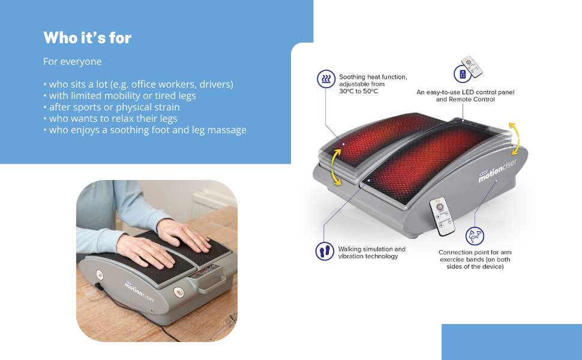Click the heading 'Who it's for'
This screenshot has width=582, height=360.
tap(88, 38)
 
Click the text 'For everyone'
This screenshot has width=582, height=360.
tap(73, 62)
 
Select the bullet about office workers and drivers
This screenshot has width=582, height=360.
tap(138, 84)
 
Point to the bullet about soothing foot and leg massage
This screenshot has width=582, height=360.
tap(145, 130)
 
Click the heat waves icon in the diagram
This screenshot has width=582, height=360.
tap(325, 79)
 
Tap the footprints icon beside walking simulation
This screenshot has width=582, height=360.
tap(325, 251)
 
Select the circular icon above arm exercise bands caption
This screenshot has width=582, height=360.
tap(474, 235)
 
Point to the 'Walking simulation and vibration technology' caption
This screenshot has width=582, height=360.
tap(371, 253)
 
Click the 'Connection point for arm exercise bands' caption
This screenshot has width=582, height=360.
tap(475, 259)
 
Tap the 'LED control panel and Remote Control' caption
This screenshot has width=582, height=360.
tap(465, 96)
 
